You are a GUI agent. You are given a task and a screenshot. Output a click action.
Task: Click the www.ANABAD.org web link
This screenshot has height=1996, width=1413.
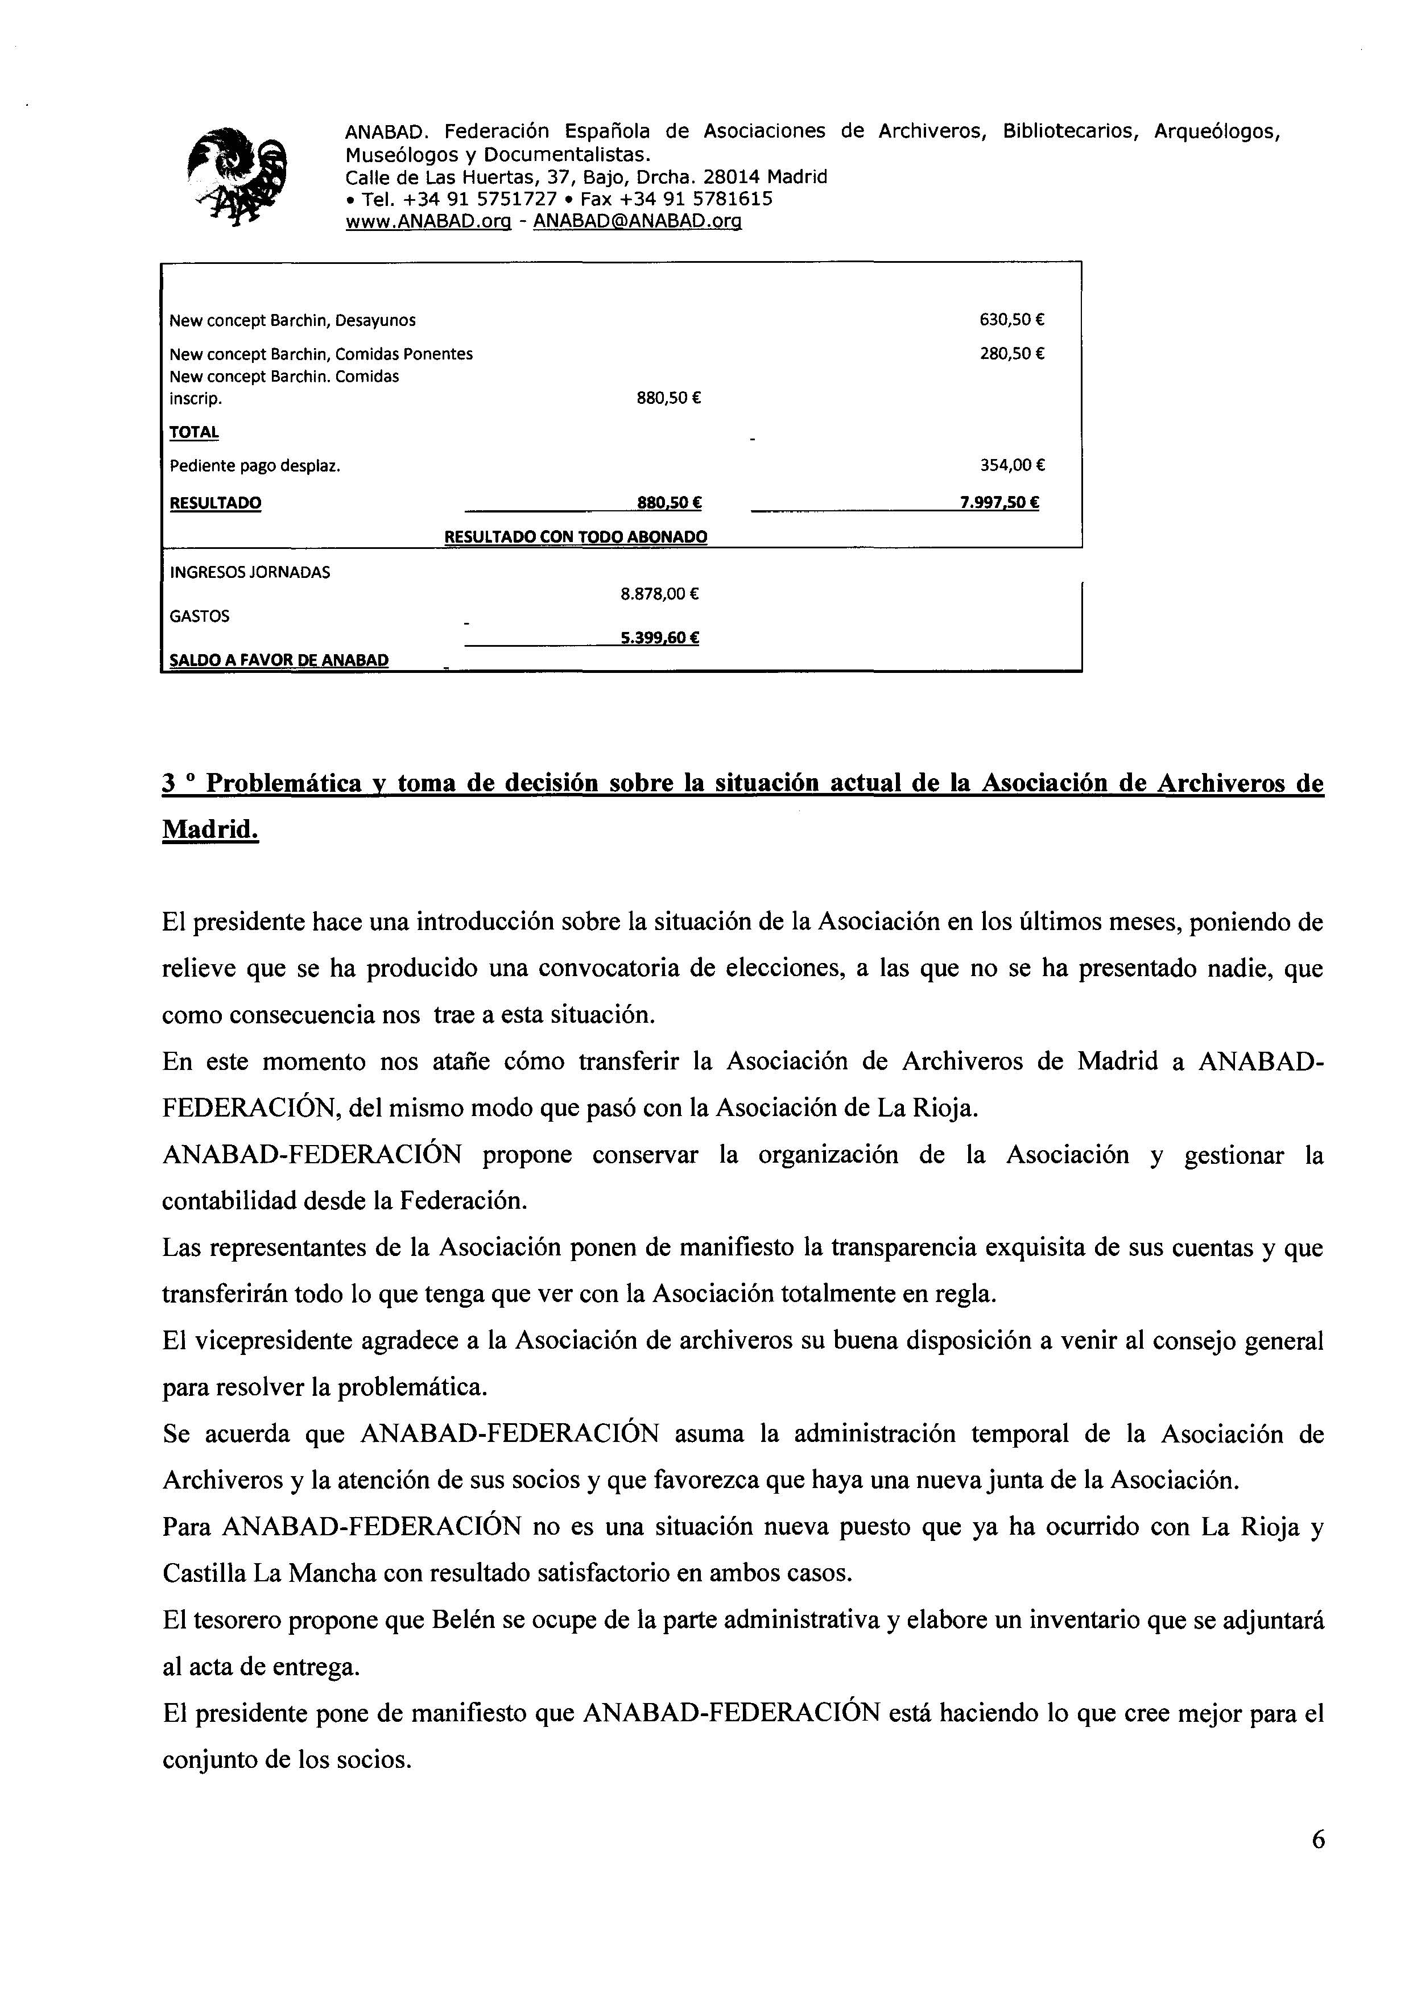coord(427,222)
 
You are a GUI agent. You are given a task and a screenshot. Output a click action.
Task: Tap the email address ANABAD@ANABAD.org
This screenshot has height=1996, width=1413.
coord(637,222)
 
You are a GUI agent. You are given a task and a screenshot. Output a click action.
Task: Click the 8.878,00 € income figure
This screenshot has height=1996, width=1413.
coord(659,594)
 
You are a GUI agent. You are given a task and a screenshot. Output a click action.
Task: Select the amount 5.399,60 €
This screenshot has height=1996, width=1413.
coord(659,638)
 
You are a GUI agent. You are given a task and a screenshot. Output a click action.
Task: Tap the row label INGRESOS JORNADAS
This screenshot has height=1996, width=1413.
coord(250,573)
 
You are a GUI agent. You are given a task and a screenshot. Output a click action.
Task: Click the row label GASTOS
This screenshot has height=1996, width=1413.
coord(199,616)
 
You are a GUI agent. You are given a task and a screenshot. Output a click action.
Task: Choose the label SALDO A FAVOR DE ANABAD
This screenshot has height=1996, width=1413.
coord(278,660)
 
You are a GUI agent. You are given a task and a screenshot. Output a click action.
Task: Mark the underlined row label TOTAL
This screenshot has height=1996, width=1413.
coord(194,432)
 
